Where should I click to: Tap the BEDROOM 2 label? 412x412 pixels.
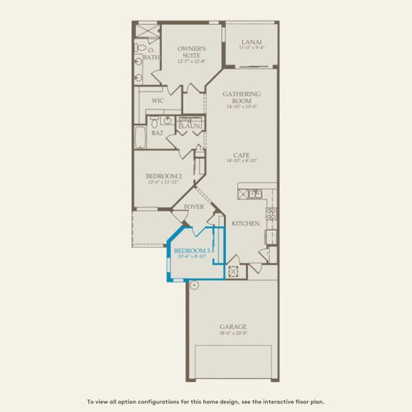pos(163,176)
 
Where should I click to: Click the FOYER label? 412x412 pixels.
pos(194,205)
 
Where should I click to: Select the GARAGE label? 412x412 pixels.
pos(232,326)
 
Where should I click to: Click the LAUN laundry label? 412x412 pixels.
pos(190,126)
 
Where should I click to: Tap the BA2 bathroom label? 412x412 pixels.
pos(157,133)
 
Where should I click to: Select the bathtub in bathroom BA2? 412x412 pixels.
pos(139,137)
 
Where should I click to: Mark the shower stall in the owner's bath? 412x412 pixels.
pos(145,32)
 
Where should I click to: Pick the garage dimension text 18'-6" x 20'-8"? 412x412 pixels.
pos(232,333)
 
